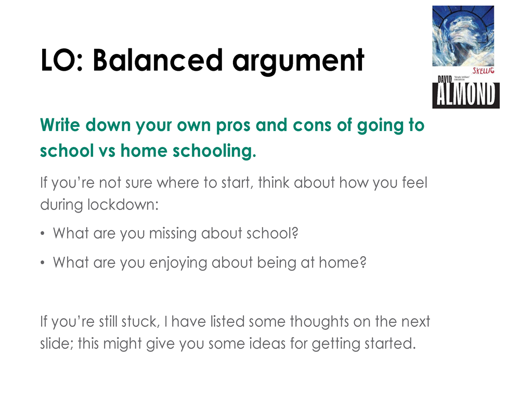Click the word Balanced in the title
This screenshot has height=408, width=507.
tap(158, 60)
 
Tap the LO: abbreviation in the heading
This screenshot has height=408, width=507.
tap(62, 60)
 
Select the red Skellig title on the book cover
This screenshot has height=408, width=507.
tap(483, 71)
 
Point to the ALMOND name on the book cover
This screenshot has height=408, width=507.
tap(466, 95)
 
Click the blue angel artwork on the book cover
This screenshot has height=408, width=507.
tap(463, 36)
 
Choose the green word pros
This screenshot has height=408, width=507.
tap(233, 126)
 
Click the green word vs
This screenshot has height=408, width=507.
tap(107, 151)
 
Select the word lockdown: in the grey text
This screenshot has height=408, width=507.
tap(123, 205)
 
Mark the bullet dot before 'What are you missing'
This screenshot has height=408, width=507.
tap(42, 233)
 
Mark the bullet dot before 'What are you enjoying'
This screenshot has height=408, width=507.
tap(42, 262)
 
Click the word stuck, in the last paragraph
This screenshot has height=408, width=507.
tap(140, 322)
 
